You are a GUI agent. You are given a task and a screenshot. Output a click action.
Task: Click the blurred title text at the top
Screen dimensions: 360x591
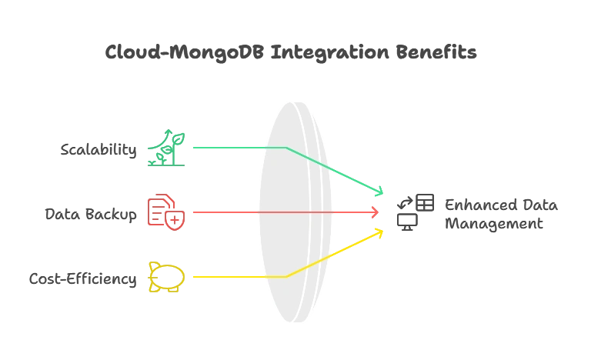coord(292,52)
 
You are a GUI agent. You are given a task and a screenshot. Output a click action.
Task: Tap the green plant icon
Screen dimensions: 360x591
coord(166,148)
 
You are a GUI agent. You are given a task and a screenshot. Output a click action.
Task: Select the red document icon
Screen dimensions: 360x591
coord(165,212)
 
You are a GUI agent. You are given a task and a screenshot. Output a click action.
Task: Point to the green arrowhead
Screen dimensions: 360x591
coord(381,191)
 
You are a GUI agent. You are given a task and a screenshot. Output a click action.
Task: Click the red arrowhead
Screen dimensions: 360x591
coord(377,212)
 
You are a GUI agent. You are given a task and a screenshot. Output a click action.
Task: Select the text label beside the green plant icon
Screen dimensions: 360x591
coord(99,150)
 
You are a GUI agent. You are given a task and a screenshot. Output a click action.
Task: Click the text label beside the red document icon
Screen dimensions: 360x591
coord(93,213)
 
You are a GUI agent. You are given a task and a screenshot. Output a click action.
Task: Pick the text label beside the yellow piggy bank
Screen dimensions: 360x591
coord(84,278)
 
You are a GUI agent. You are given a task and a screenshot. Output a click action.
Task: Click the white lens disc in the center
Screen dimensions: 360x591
coord(292,212)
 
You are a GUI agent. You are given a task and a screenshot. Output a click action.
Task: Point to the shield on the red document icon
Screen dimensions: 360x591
coord(175,222)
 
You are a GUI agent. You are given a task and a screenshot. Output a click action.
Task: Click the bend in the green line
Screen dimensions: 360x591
coord(286,147)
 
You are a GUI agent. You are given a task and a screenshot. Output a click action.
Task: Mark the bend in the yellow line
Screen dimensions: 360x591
coord(286,276)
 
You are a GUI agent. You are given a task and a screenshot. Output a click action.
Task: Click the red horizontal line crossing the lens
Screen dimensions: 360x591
coord(292,212)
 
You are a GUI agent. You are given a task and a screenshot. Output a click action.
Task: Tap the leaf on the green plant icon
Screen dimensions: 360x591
coord(178,138)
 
